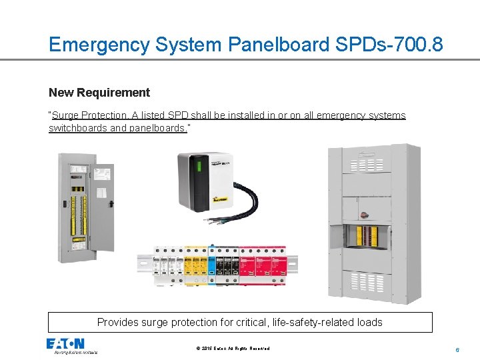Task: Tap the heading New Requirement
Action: point(99,93)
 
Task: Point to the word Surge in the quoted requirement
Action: point(65,115)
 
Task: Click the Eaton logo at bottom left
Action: point(65,344)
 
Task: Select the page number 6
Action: point(457,349)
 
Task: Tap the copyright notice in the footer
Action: point(233,349)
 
